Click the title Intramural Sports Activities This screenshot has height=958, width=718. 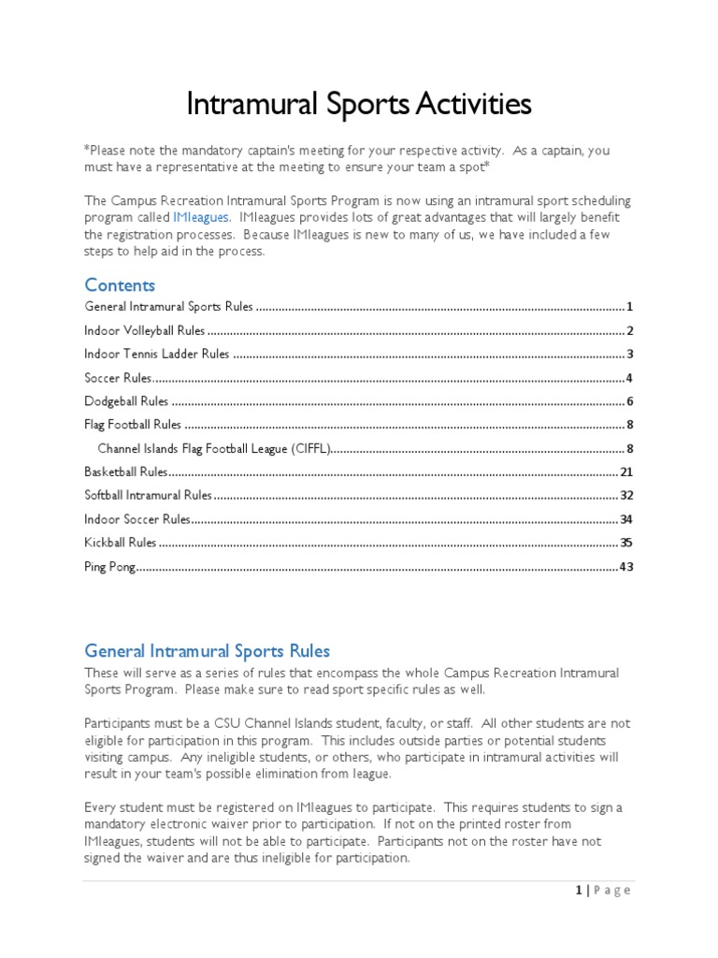359,104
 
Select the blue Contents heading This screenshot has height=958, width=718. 120,284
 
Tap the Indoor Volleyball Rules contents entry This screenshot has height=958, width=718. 144,330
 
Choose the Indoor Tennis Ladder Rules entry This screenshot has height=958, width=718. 156,354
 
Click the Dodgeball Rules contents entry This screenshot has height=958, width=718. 126,401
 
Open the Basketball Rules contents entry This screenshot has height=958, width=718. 125,472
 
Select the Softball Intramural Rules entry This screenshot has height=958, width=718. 148,495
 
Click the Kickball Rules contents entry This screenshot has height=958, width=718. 121,542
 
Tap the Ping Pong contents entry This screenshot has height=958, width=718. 110,566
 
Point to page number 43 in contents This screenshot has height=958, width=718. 626,566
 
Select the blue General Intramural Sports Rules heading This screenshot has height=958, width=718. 207,650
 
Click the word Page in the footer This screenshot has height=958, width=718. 612,890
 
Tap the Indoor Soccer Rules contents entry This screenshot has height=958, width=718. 137,518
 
